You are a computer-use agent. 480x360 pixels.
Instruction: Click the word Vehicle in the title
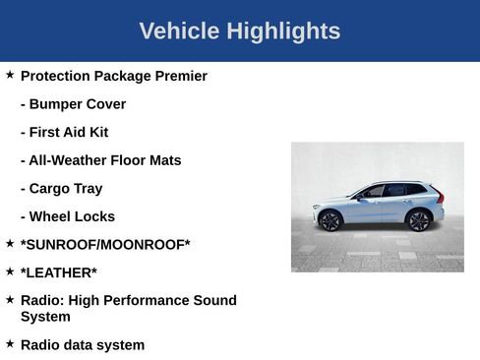[179, 31]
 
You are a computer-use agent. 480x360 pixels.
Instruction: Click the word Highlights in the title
[283, 31]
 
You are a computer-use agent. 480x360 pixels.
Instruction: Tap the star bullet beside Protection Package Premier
[10, 75]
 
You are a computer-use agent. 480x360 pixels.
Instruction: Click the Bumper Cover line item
[73, 104]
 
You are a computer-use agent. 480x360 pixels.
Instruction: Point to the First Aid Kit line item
[64, 132]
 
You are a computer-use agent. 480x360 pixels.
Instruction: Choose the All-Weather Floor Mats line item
[100, 160]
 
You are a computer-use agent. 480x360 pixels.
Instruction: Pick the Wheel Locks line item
[67, 216]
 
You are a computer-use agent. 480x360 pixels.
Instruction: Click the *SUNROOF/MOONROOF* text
[105, 245]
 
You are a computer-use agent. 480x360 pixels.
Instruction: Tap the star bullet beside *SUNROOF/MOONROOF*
[10, 243]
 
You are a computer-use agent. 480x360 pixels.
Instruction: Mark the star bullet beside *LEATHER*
[10, 270]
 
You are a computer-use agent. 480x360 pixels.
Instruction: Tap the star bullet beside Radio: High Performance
[10, 299]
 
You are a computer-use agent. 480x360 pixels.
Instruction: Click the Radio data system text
[83, 344]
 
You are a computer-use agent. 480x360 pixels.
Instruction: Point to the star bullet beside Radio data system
[10, 343]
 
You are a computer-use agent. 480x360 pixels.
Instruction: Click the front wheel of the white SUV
[331, 221]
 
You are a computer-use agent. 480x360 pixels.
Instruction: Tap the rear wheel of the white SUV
[419, 220]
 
